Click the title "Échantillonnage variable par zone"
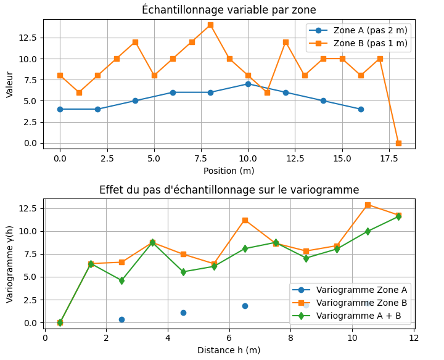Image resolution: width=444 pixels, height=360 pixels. pyautogui.click(x=229, y=10)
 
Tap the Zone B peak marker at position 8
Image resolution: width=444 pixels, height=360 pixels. pyautogui.click(x=210, y=25)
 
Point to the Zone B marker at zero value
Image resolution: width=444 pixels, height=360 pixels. pyautogui.click(x=398, y=143)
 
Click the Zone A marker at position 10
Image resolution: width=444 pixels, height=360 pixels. pyautogui.click(x=248, y=84)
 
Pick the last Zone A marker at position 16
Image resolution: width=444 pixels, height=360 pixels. pyautogui.click(x=361, y=109)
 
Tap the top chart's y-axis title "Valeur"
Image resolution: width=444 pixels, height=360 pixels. pyautogui.click(x=10, y=84)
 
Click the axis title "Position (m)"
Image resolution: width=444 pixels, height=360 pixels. pyautogui.click(x=229, y=171)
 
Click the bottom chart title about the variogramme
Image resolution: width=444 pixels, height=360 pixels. pyautogui.click(x=229, y=190)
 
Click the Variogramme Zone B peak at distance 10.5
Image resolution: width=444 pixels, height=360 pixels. pyautogui.click(x=368, y=205)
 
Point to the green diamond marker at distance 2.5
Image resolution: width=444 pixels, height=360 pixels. pyautogui.click(x=121, y=280)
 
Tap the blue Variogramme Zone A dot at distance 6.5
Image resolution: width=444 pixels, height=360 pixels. pyautogui.click(x=245, y=306)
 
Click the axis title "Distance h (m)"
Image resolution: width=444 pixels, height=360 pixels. pyautogui.click(x=229, y=350)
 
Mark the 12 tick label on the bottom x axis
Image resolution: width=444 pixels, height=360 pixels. pyautogui.click(x=414, y=338)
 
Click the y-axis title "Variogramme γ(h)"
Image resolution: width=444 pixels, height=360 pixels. pyautogui.click(x=10, y=263)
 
